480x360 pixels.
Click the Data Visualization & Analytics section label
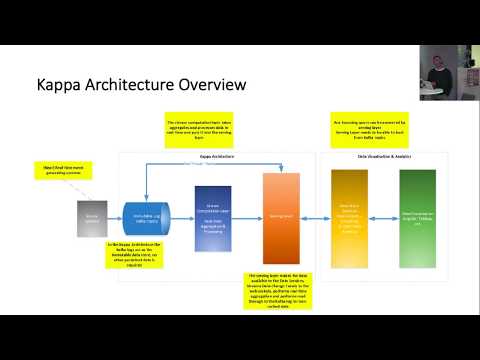tap(384, 157)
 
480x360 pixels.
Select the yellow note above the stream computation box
tap(203, 130)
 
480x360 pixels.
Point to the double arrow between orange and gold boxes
tap(315, 213)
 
